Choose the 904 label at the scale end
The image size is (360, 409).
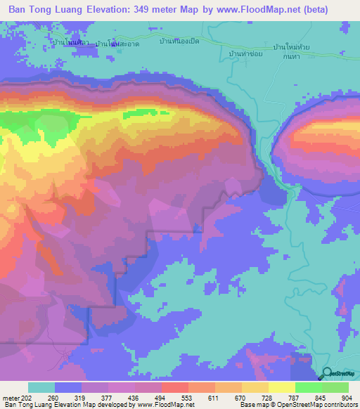(347, 398)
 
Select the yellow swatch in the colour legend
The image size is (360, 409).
(281, 387)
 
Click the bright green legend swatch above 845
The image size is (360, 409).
(308, 387)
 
